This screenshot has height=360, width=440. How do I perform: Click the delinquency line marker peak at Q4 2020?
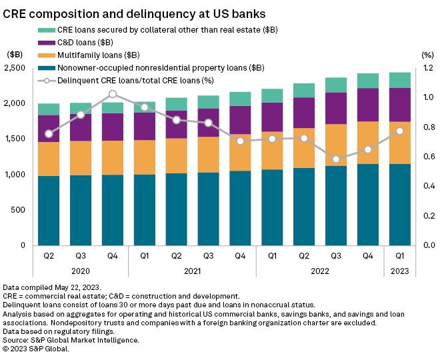(x=113, y=94)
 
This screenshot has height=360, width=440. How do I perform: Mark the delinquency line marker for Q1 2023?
(x=400, y=131)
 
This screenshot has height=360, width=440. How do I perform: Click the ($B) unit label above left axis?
(x=15, y=55)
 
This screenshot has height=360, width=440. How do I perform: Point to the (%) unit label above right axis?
(x=427, y=55)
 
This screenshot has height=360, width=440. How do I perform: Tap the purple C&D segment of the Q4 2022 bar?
(x=369, y=105)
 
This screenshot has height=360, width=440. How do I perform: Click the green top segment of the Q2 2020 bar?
(x=49, y=109)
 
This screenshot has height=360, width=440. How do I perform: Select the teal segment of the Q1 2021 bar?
(x=145, y=210)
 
